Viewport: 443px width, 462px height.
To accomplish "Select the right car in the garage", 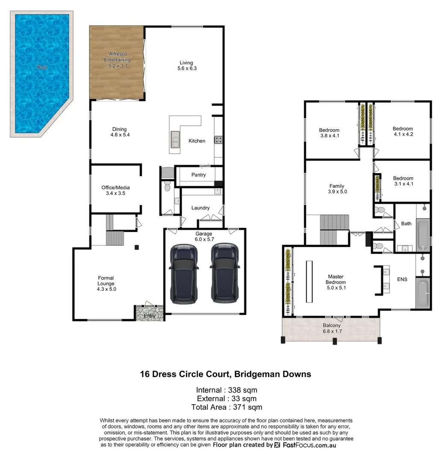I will coord(224,274).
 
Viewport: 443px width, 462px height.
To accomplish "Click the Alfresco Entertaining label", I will coord(118,60).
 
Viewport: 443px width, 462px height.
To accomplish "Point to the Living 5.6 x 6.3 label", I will coord(186,65).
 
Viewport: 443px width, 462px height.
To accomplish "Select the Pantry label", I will coord(198,175).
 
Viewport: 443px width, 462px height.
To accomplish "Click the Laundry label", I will coord(201,208).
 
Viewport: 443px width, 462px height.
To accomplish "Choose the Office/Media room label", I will coord(115,190).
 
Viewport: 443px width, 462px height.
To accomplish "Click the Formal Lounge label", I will coord(106,284).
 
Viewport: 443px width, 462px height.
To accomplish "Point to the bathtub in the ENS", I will coord(423,293).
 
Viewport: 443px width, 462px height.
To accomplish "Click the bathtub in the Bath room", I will coord(423,234).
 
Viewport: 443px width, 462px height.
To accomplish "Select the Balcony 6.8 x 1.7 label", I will coord(331,328).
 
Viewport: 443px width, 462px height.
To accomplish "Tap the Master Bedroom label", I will coord(336,279).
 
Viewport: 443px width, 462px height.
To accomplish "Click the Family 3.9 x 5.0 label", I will coord(337,189).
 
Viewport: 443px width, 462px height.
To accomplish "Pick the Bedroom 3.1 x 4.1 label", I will coord(403,181).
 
